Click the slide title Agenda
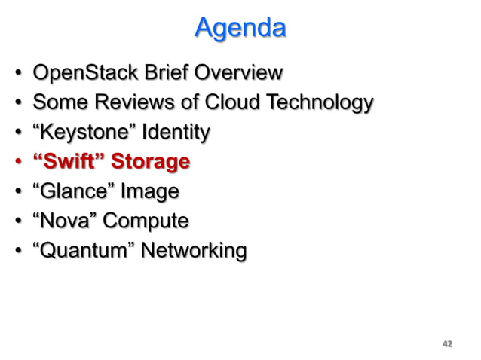240,28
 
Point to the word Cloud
224,103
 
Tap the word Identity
176,133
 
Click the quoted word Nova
64,221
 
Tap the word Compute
146,221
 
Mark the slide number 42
446,344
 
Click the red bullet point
17,163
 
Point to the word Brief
170,74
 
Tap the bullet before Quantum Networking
17,250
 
